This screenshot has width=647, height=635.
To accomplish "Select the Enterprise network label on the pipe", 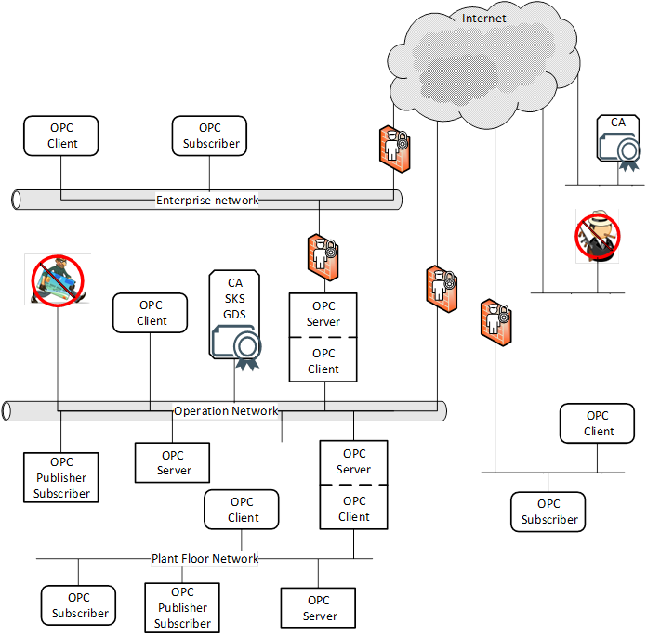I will pos(207,200).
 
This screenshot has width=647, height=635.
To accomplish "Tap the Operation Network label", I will pos(226,410).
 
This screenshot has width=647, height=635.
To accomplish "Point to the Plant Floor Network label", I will pos(205,558).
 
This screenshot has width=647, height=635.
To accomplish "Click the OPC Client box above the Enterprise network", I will pos(62,136).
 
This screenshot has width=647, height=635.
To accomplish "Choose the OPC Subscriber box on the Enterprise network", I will pos(210,136).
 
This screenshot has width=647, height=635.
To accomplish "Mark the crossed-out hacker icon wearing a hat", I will pos(596,234).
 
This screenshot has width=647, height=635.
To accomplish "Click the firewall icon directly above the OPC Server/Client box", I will pos(321,253).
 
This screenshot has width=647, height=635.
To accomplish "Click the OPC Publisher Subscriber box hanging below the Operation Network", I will pos(61,477).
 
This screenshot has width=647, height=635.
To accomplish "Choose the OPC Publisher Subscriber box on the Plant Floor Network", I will pos(182,607).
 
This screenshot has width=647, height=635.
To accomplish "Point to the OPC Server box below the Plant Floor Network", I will pos(319,608).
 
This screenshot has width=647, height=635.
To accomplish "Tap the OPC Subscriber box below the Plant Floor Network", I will pos(79,605).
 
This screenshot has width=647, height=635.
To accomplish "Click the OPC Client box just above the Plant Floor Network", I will pos(244,510).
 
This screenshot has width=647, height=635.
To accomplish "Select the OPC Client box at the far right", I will pos(598,423).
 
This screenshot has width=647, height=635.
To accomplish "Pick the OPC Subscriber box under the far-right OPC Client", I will pos(548,512).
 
